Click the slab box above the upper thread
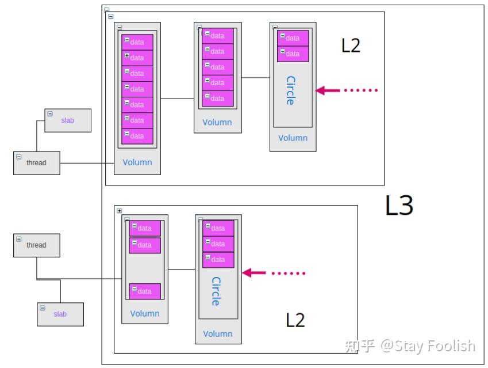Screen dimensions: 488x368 click(x=68, y=120)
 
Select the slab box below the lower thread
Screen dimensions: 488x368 click(x=60, y=314)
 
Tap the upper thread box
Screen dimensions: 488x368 click(x=37, y=163)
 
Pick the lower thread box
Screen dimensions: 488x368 click(x=37, y=245)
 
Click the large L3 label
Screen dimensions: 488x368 click(x=399, y=205)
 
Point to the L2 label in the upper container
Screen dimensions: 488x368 click(x=351, y=45)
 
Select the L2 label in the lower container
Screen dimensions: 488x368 click(x=295, y=320)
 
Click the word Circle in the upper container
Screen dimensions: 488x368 click(x=291, y=90)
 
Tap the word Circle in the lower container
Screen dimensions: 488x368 click(x=216, y=291)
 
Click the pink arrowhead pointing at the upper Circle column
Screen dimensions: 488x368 click(x=321, y=90)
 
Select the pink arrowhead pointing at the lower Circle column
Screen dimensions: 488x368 click(x=247, y=273)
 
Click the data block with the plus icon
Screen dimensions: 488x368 click(x=137, y=58)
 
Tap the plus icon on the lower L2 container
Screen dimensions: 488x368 click(x=119, y=211)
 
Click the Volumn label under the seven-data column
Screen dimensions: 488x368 click(x=137, y=162)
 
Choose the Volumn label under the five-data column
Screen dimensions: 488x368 click(x=217, y=122)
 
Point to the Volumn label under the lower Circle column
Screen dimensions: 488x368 click(x=218, y=333)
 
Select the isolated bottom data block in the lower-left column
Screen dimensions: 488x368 click(x=145, y=291)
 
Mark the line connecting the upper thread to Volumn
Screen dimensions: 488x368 click(x=87, y=163)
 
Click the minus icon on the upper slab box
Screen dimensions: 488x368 click(x=50, y=114)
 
